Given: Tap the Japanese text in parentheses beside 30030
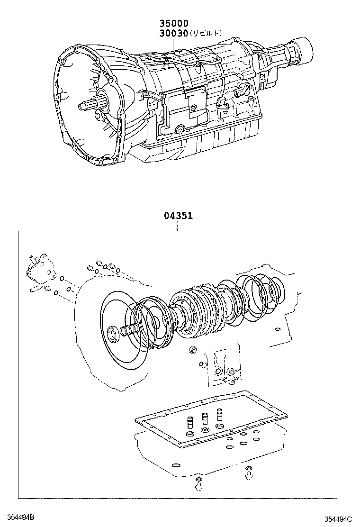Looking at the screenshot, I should pos(206,34).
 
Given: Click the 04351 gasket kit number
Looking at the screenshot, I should pos(178,216).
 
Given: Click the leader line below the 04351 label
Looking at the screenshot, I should pos(178,226).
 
